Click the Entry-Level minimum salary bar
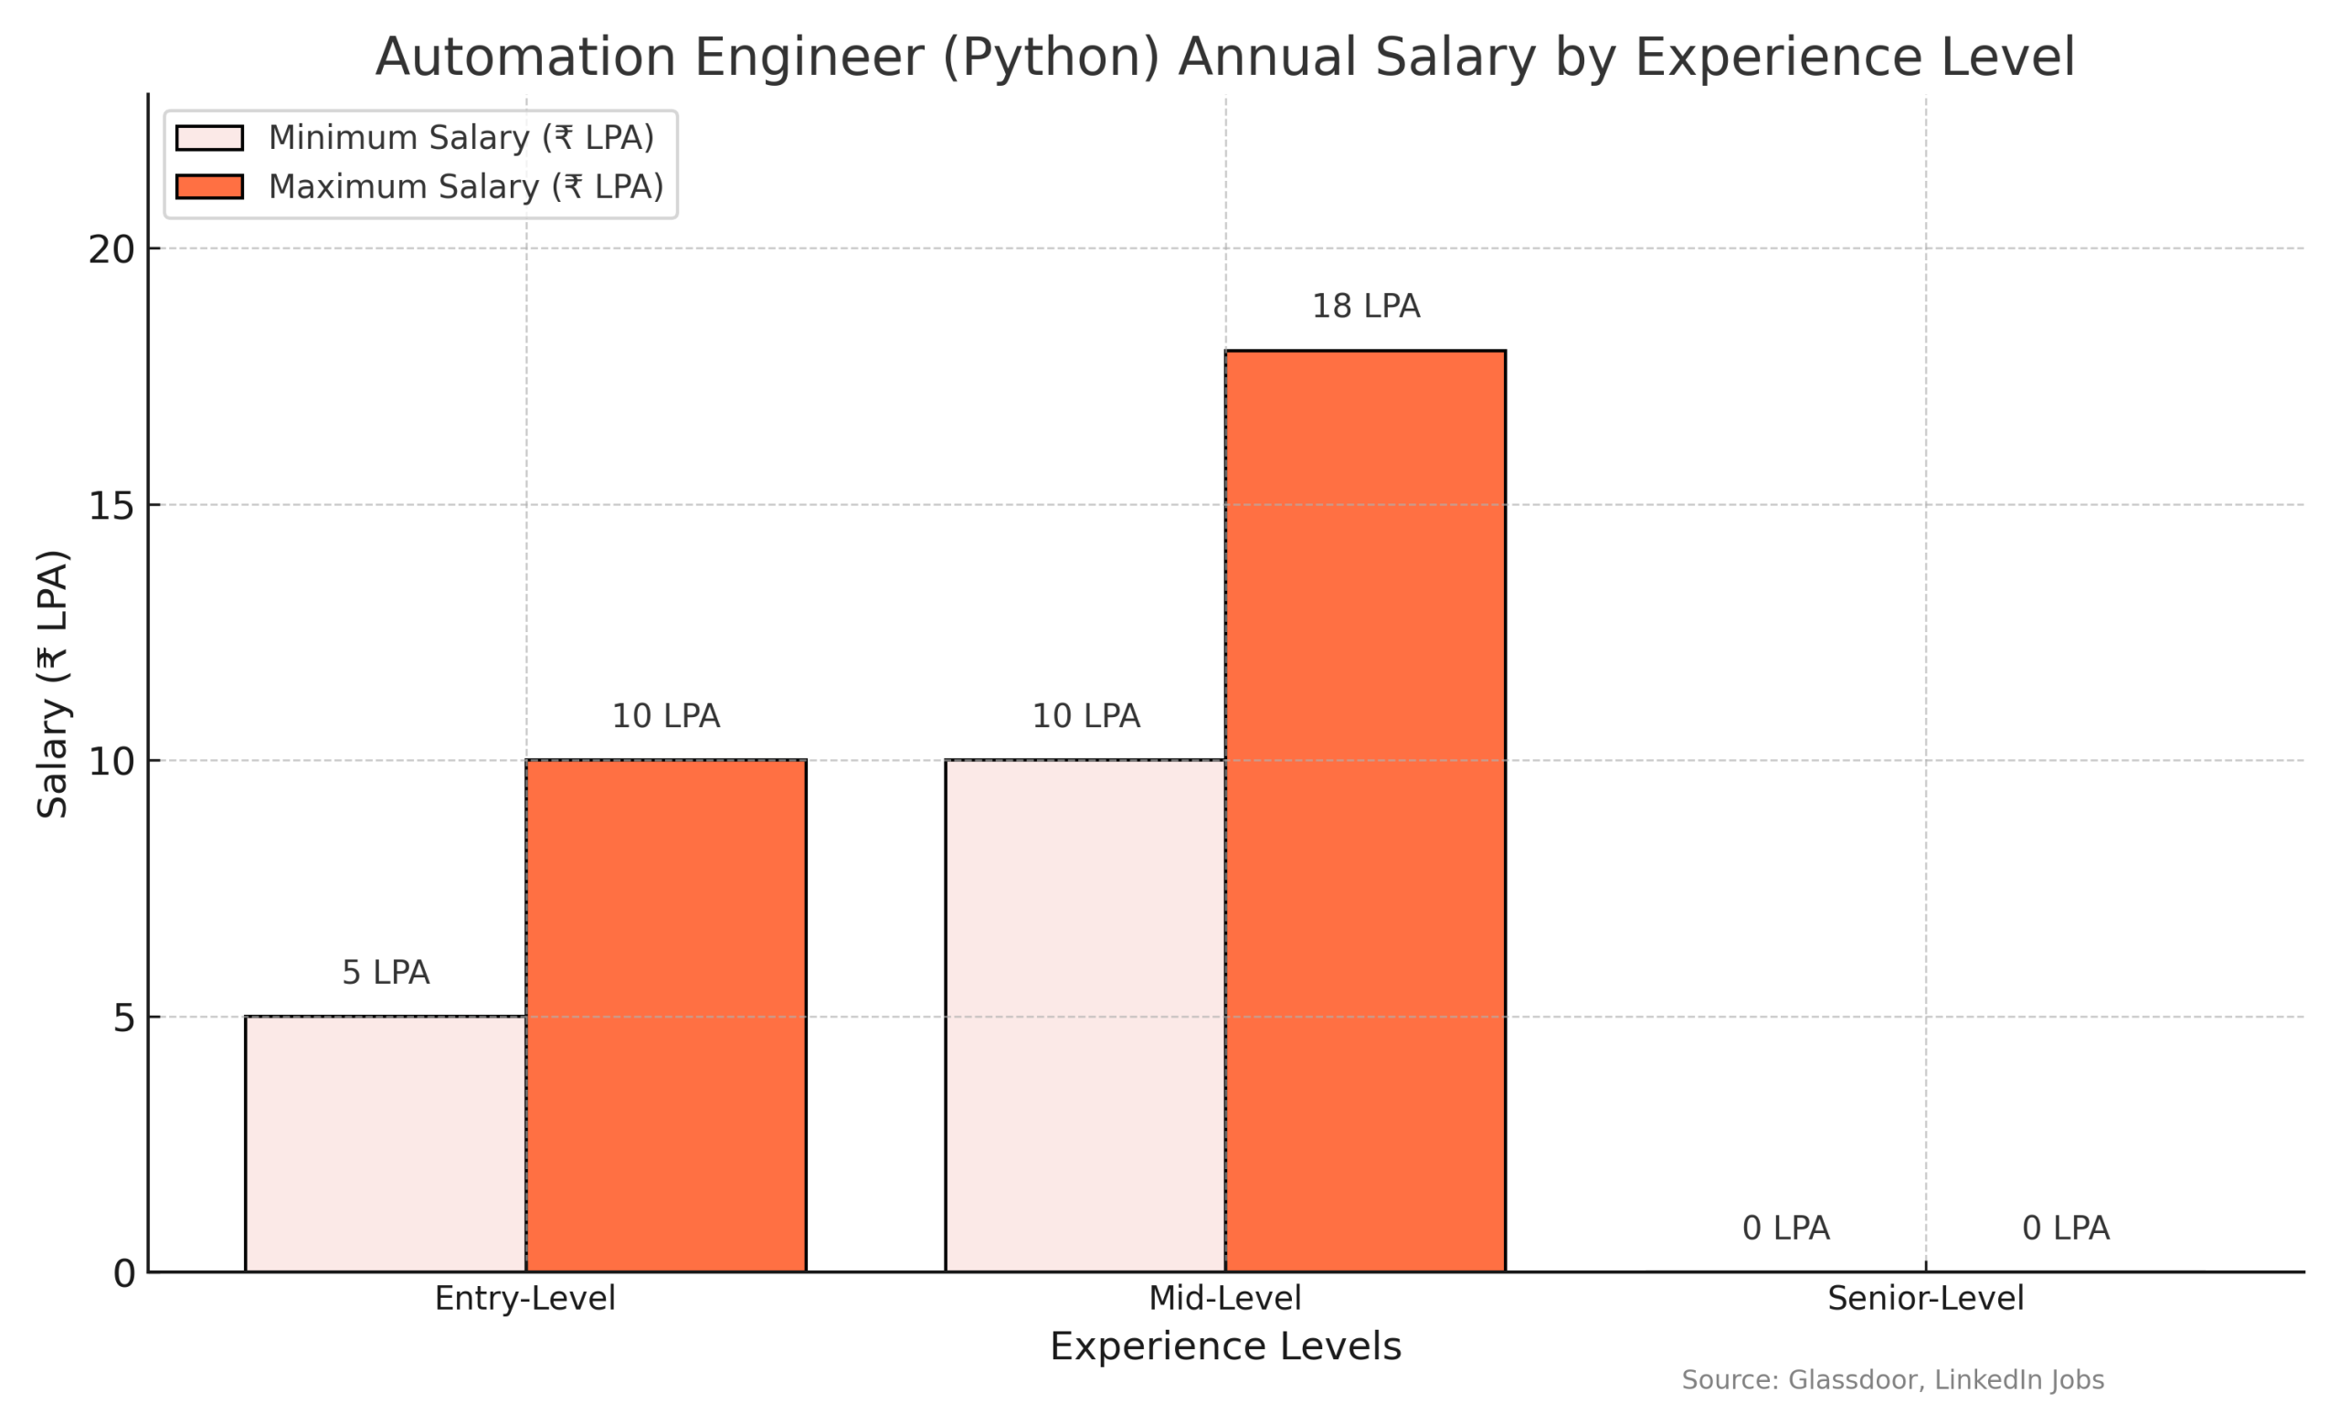tap(385, 1144)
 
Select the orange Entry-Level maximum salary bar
tap(665, 1017)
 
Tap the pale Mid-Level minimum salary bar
tap(1085, 1017)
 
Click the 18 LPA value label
tap(1365, 306)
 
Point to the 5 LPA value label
tap(385, 973)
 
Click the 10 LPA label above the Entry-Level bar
tap(665, 717)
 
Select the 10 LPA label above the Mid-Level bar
tap(1085, 717)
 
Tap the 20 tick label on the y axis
tap(111, 250)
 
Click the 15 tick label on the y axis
tap(111, 507)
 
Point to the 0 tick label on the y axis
tap(124, 1274)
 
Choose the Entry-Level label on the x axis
tap(524, 1298)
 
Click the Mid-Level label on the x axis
tap(1224, 1298)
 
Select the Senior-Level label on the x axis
tap(1925, 1298)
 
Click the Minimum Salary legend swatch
tap(209, 138)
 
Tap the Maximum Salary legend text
tap(465, 187)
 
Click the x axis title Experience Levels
tap(1225, 1346)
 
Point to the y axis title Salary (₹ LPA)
tap(53, 683)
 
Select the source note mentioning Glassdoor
tap(1892, 1380)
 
